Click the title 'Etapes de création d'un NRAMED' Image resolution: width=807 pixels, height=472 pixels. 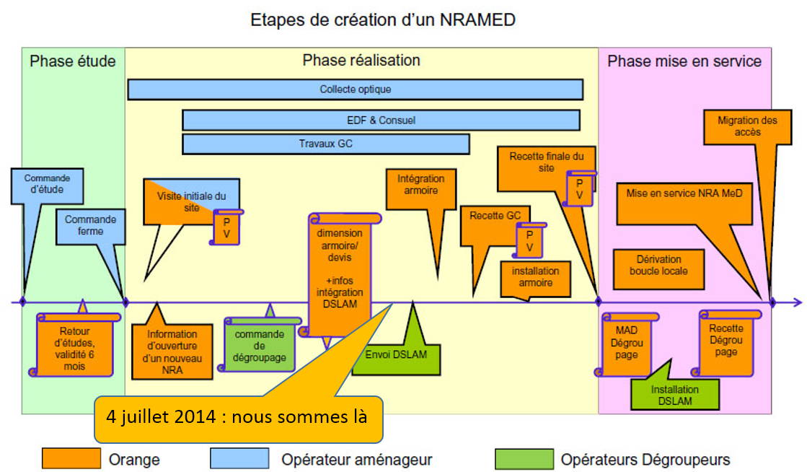point(383,19)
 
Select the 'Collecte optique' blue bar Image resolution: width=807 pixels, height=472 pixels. point(355,89)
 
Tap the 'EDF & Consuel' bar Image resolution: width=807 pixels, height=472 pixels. point(381,120)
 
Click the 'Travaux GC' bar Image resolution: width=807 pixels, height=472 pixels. point(325,144)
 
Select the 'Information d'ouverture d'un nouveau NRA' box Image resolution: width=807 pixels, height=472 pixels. point(172,351)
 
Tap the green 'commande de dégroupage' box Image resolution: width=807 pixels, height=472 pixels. point(260,346)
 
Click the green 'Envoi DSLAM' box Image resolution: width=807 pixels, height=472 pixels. point(396,354)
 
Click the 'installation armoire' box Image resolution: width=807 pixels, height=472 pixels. point(535,277)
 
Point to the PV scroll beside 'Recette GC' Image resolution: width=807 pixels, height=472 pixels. point(529,241)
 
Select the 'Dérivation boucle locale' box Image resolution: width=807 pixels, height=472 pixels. point(658,266)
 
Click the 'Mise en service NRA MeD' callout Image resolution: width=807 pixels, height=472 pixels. point(684,194)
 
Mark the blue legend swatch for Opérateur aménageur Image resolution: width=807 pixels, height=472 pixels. point(239,459)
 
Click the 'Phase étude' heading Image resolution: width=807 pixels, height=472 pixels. point(73,61)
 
